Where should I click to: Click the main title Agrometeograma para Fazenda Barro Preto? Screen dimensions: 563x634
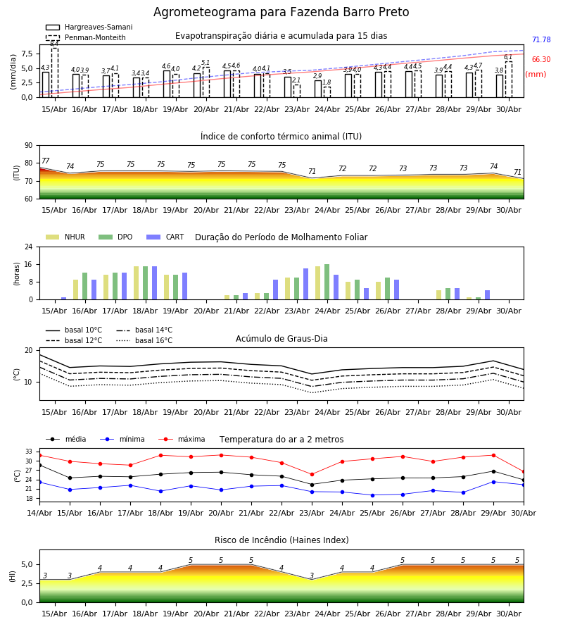[x=281, y=12]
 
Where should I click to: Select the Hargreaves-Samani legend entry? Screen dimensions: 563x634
[x=89, y=27]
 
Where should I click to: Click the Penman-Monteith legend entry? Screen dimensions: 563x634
[x=86, y=37]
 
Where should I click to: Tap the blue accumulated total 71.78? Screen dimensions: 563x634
[x=541, y=39]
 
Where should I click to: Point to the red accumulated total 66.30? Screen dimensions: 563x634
[x=541, y=59]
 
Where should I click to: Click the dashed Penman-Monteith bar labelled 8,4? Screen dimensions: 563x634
[x=55, y=73]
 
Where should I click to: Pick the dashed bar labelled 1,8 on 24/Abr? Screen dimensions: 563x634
[x=327, y=92]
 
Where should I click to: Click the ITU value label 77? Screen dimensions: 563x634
[x=46, y=161]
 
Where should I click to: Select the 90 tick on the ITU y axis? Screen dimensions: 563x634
[x=28, y=146]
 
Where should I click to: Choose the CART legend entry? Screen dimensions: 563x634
[x=165, y=237]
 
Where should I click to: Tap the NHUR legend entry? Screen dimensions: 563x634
[x=65, y=237]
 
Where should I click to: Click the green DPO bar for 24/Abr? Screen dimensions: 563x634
[x=327, y=282]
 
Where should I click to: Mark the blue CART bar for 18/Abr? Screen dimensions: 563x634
[x=154, y=283]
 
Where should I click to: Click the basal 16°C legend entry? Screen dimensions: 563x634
[x=144, y=340]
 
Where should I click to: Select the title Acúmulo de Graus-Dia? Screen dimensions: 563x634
[x=281, y=339]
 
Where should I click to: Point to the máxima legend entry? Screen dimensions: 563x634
[x=182, y=439]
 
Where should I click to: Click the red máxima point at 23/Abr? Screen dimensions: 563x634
[x=312, y=474]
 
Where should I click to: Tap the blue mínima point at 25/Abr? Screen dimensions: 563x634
[x=372, y=495]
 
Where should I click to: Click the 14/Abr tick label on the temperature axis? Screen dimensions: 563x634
[x=39, y=513]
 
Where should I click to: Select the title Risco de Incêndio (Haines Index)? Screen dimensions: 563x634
[x=281, y=540]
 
